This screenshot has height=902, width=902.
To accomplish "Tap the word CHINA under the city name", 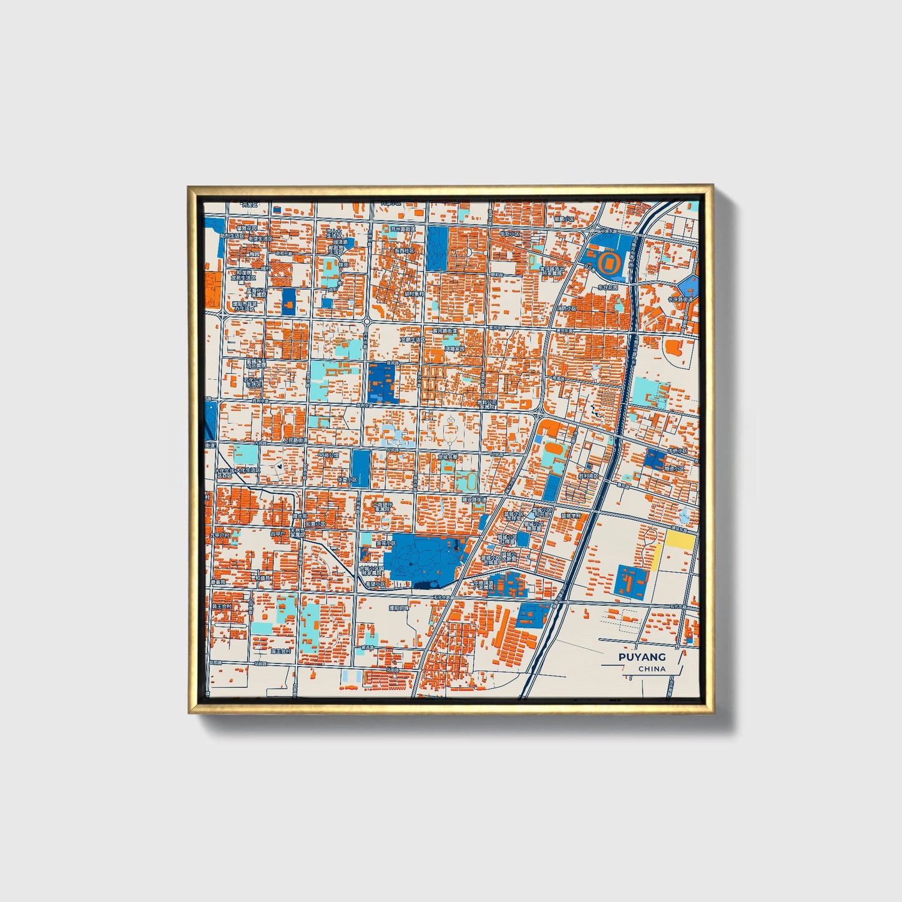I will [652, 669].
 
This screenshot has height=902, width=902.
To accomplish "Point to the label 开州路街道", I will [403, 229].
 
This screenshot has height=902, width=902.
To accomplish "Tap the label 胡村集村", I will [414, 293].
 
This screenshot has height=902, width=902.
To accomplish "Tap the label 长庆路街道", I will [680, 299].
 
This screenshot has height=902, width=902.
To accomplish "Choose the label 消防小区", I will [567, 308].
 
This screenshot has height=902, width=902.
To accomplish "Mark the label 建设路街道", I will [474, 499].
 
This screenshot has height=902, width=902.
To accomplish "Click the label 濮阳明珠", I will [398, 607].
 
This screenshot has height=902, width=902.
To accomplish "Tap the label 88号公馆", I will [328, 456].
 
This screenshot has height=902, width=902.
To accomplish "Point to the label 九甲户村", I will [220, 534].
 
